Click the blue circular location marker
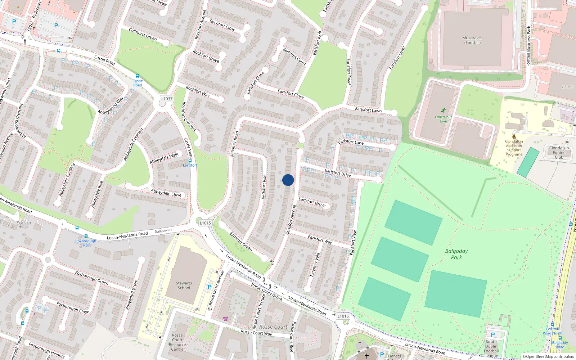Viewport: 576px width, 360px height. pyautogui.click(x=288, y=180)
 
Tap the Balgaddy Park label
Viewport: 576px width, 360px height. pyautogui.click(x=456, y=254)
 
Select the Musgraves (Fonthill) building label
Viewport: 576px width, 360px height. pyautogui.click(x=472, y=40)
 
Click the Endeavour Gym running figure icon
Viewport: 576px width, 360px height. pyautogui.click(x=444, y=111)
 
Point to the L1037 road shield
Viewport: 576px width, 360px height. pyautogui.click(x=167, y=99)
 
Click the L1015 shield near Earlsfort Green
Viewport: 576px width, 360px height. pyautogui.click(x=205, y=223)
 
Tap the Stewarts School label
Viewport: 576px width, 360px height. pyautogui.click(x=184, y=285)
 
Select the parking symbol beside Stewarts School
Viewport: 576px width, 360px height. pyautogui.click(x=210, y=287)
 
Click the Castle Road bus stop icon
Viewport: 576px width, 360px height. pyautogui.click(x=137, y=76)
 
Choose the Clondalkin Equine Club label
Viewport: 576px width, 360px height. pyautogui.click(x=559, y=153)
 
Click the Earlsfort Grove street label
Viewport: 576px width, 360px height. pyautogui.click(x=312, y=202)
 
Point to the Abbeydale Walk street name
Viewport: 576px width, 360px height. pyautogui.click(x=164, y=158)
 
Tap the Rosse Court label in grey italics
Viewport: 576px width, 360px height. pyautogui.click(x=273, y=327)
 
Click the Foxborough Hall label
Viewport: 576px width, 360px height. pyautogui.click(x=86, y=243)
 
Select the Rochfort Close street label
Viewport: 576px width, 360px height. pyautogui.click(x=222, y=25)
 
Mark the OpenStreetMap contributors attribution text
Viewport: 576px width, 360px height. pyautogui.click(x=548, y=356)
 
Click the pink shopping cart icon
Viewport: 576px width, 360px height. pyautogui.click(x=225, y=319)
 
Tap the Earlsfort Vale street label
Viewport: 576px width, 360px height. pyautogui.click(x=315, y=265)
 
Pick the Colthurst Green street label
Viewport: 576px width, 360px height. pyautogui.click(x=143, y=34)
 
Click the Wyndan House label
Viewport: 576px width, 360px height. pyautogui.click(x=24, y=225)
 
